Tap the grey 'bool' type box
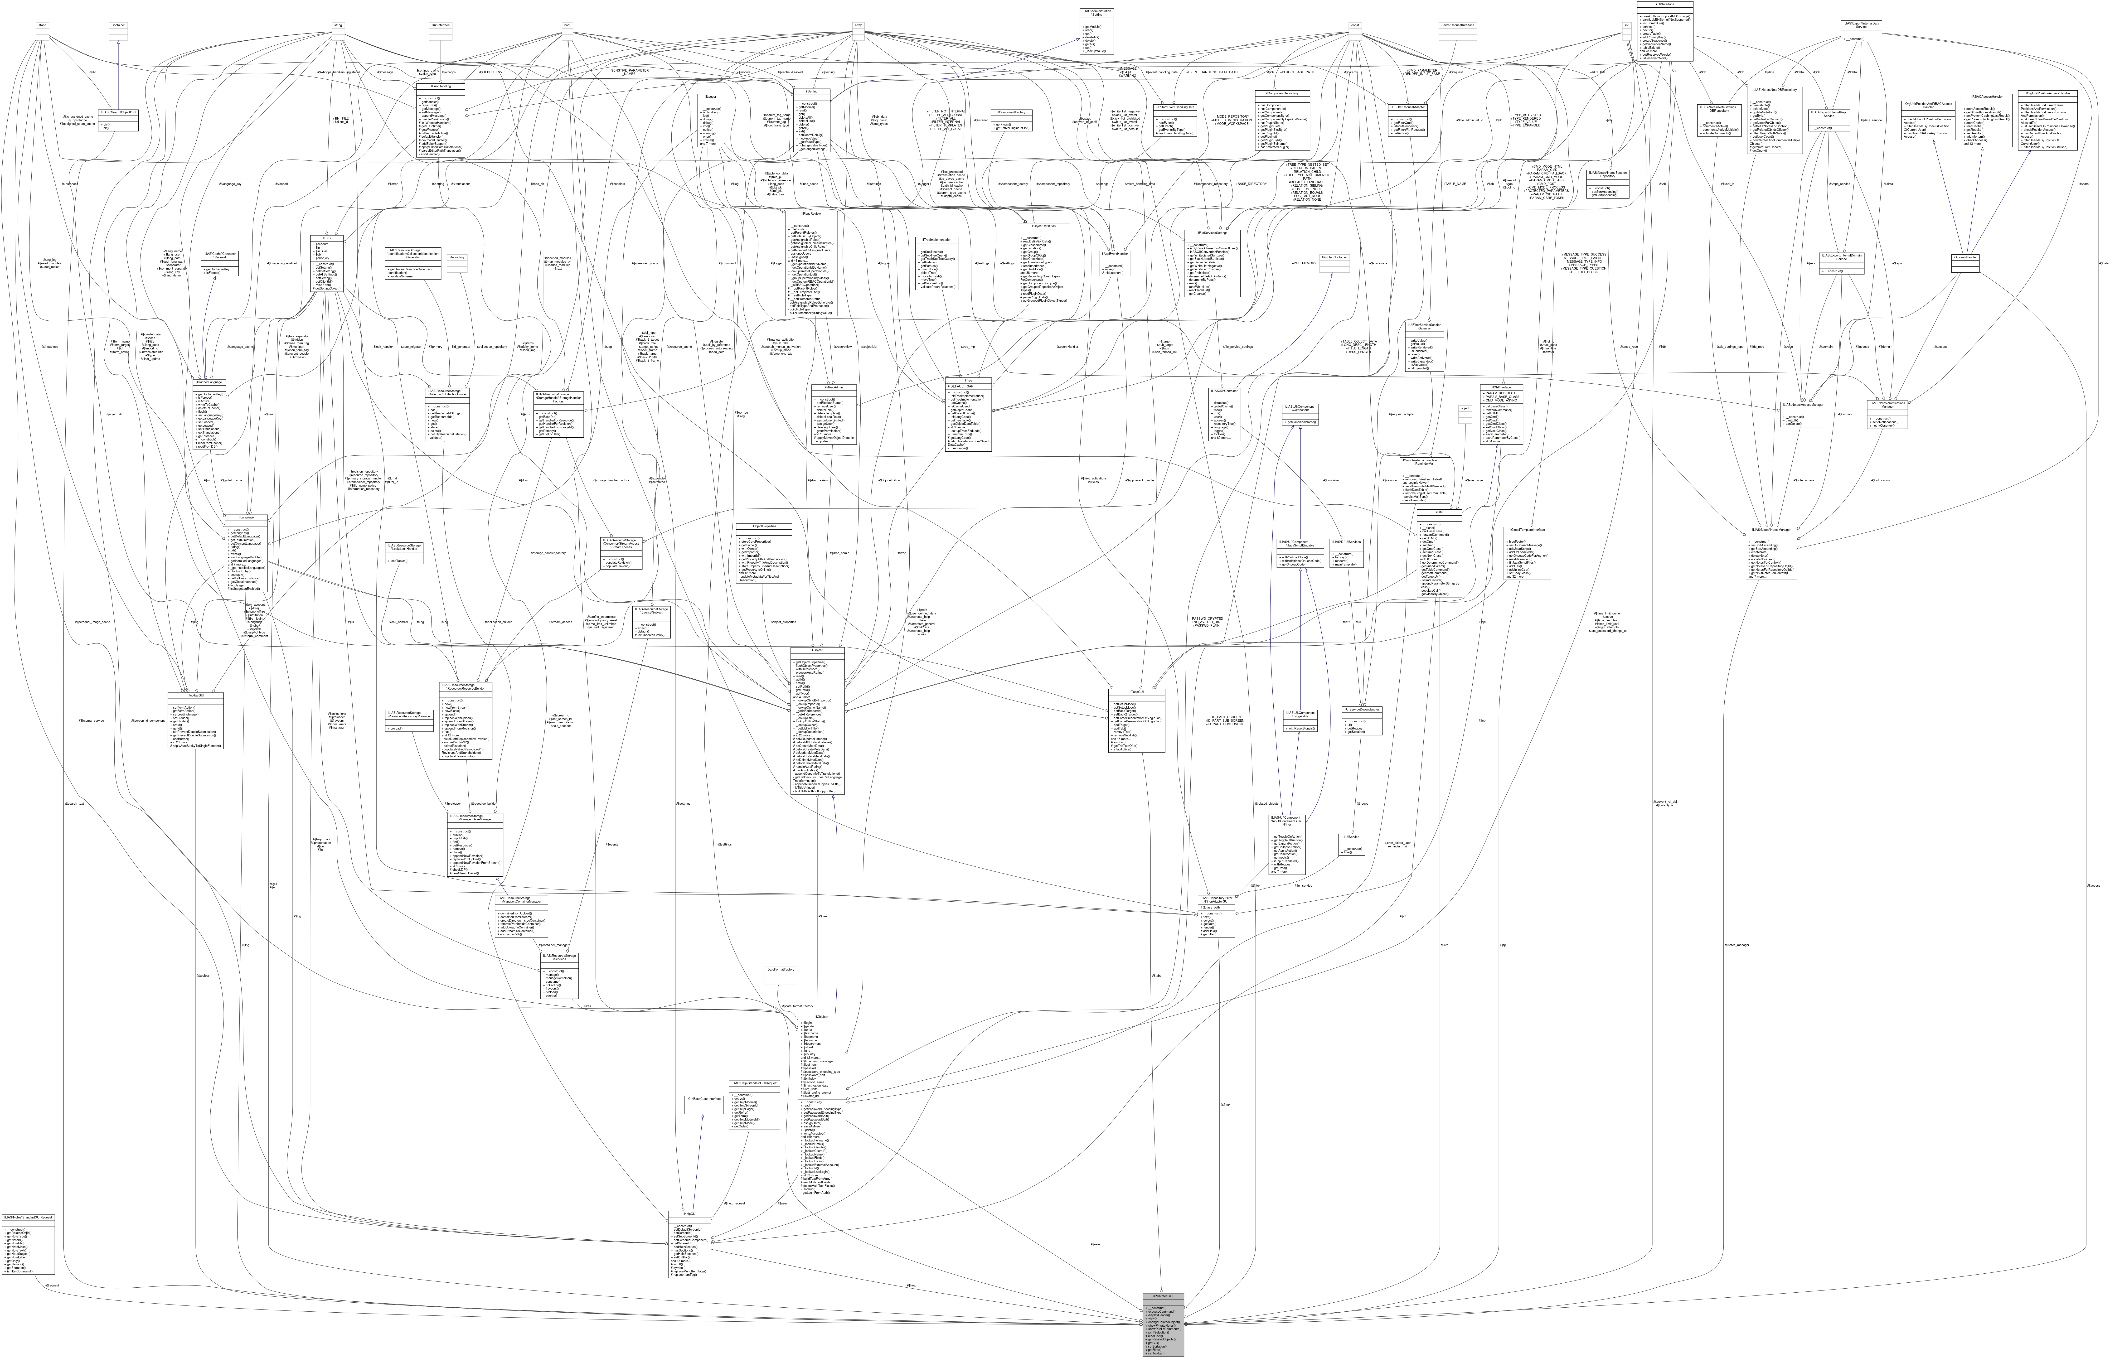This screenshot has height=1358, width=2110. click(568, 25)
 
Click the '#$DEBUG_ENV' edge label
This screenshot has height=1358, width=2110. click(491, 71)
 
